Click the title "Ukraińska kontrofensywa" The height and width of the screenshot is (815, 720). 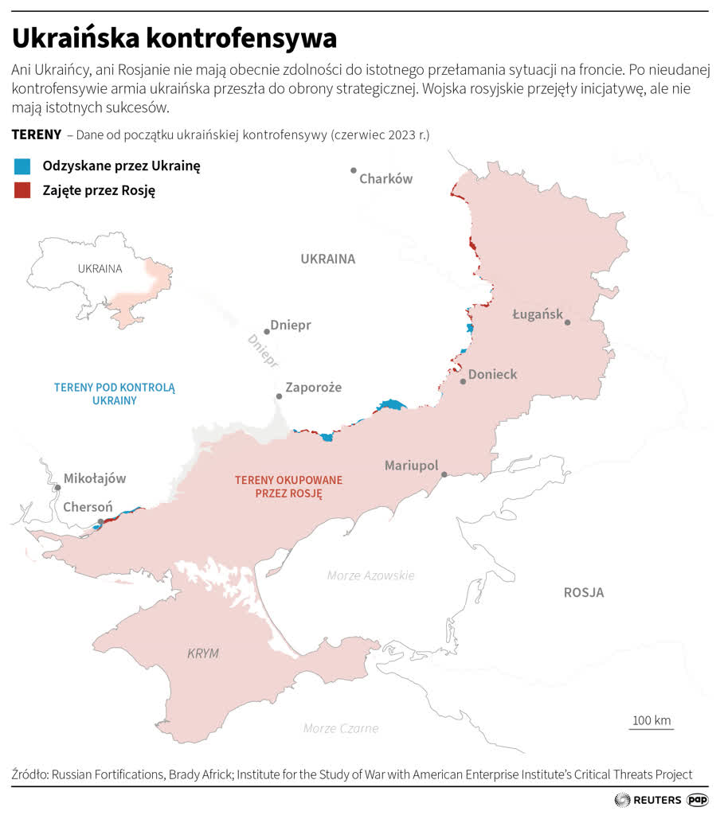click(x=174, y=37)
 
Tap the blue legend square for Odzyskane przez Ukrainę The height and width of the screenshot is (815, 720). click(x=22, y=166)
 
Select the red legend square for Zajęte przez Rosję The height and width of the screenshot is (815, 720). click(x=22, y=190)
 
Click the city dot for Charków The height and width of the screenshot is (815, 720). click(x=354, y=170)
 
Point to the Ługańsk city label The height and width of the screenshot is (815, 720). click(x=538, y=314)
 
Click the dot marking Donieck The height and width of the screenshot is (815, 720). click(x=463, y=381)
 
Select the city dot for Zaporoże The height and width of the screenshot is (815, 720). click(x=279, y=396)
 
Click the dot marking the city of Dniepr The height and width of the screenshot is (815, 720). click(x=267, y=332)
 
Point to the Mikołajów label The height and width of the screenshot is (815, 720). click(x=95, y=479)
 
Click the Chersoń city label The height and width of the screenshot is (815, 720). click(x=88, y=507)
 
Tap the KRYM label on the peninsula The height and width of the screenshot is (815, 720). click(x=202, y=653)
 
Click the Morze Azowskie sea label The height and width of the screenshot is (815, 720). click(x=370, y=575)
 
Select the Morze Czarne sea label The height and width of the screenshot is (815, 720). click(x=341, y=728)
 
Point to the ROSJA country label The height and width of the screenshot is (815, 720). click(x=583, y=592)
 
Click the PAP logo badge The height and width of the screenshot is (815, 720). click(x=698, y=800)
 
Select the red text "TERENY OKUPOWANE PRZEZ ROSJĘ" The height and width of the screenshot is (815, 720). click(x=288, y=486)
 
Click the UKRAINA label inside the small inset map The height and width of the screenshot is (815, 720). click(x=100, y=268)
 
